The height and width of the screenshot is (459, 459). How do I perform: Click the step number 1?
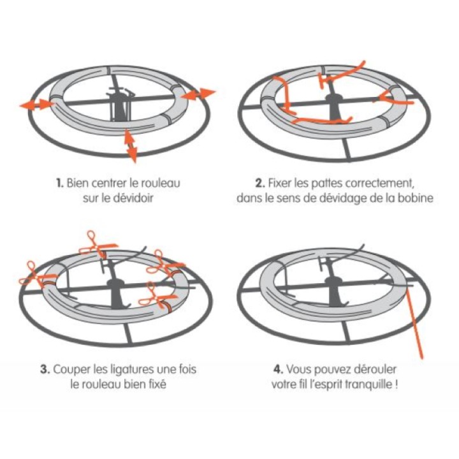59,183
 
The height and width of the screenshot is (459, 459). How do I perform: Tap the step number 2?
260,183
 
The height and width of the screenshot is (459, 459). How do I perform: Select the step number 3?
45,369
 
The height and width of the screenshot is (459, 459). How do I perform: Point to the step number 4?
279,369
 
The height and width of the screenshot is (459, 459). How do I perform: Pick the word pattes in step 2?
326,184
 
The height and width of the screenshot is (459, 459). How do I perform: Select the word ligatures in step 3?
133,370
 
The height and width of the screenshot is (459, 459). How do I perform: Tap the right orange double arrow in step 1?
198,94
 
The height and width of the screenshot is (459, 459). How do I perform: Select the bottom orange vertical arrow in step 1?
131,145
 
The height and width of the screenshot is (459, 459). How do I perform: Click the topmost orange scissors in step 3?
98,244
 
